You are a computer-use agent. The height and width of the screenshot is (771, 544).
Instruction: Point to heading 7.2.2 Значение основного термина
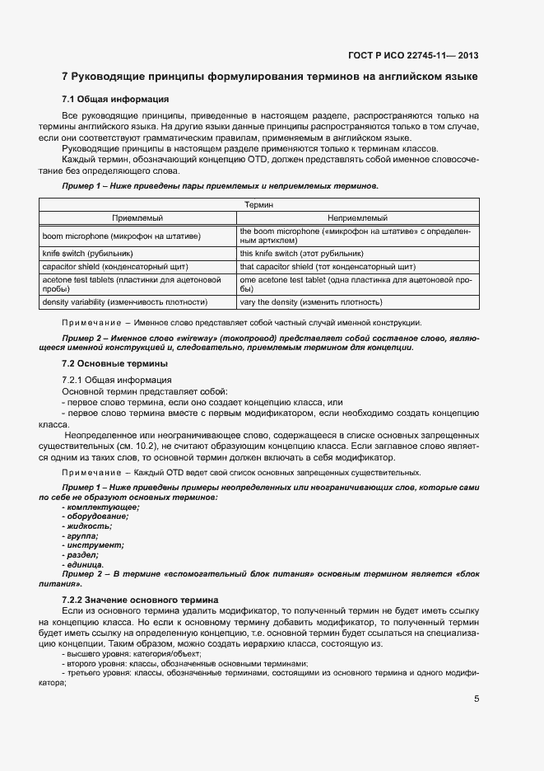pyautogui.click(x=139, y=600)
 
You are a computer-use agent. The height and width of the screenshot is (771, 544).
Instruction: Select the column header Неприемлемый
pyautogui.click(x=358, y=217)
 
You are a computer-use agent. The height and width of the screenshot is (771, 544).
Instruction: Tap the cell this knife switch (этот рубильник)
pyautogui.click(x=301, y=254)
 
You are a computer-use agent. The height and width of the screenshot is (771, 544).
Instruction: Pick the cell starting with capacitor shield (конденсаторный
pyautogui.click(x=115, y=268)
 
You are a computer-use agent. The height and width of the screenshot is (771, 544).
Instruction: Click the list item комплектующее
pyautogui.click(x=100, y=507)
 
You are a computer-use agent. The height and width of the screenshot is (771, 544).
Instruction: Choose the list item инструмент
pyautogui.click(x=93, y=545)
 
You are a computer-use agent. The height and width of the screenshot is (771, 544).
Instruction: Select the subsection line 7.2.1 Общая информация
pyautogui.click(x=117, y=380)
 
